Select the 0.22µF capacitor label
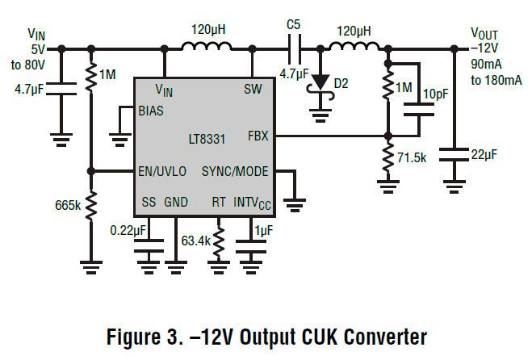tap(128, 232)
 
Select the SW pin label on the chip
tap(253, 88)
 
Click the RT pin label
tap(218, 201)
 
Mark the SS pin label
tap(149, 201)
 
